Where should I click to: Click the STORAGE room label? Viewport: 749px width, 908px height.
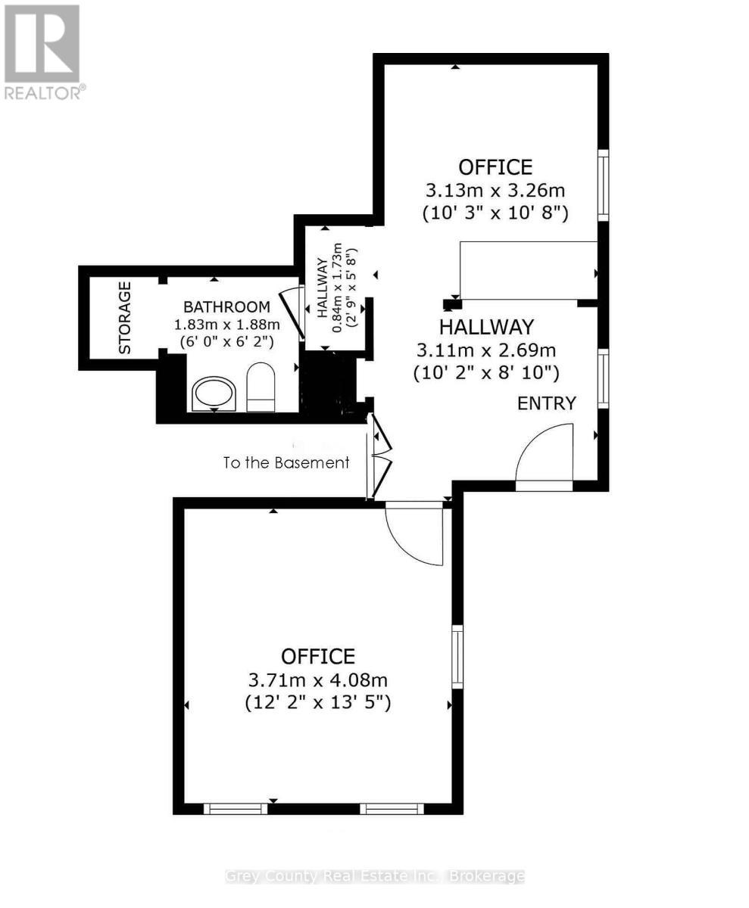pyautogui.click(x=125, y=318)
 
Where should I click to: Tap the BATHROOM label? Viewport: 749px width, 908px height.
pyautogui.click(x=226, y=307)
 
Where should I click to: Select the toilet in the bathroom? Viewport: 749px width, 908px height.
pyautogui.click(x=261, y=387)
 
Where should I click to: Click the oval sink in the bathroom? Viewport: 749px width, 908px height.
pyautogui.click(x=214, y=393)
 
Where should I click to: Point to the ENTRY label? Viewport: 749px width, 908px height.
pyautogui.click(x=547, y=403)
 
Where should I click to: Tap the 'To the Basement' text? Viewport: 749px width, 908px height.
pyautogui.click(x=286, y=462)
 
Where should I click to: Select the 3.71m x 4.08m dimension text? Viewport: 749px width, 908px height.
pyautogui.click(x=317, y=679)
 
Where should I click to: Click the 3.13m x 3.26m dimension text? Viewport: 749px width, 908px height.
pyautogui.click(x=495, y=190)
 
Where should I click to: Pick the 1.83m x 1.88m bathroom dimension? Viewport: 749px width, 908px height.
pyautogui.click(x=227, y=325)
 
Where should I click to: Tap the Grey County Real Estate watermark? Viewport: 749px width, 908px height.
pyautogui.click(x=375, y=876)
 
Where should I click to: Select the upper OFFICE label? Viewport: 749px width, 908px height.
pyautogui.click(x=495, y=166)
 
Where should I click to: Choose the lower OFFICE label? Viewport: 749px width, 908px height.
pyautogui.click(x=317, y=656)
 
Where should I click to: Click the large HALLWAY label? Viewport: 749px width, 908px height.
pyautogui.click(x=487, y=327)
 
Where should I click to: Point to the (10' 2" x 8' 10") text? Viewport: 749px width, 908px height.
pyautogui.click(x=486, y=372)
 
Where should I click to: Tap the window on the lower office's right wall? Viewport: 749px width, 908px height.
pyautogui.click(x=457, y=656)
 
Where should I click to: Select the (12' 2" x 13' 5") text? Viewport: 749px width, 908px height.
pyautogui.click(x=317, y=703)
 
